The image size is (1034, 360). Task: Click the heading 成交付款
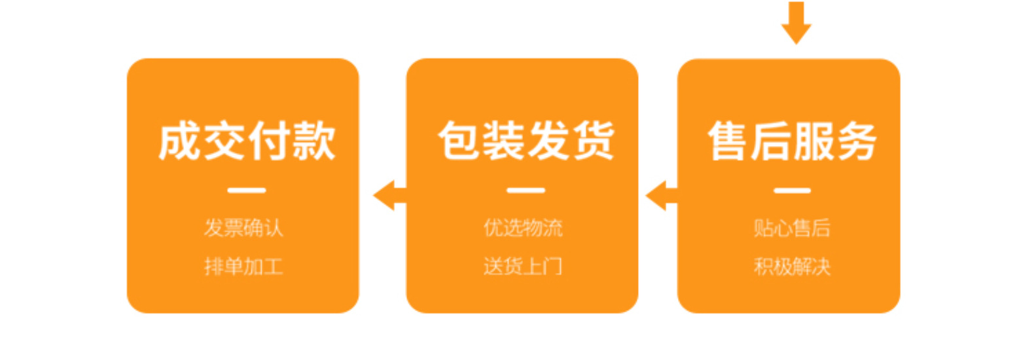(247, 141)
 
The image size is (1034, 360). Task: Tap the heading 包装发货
(526, 141)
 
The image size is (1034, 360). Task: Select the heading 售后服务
(792, 141)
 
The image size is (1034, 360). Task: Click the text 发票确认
(243, 228)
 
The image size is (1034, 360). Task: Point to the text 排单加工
(243, 266)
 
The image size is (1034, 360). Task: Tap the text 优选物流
(523, 228)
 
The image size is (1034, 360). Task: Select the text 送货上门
(523, 266)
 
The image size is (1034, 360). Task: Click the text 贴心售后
(792, 228)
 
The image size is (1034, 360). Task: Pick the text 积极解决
(792, 266)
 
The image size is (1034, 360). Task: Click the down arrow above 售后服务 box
(796, 23)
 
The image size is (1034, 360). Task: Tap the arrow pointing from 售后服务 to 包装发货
(661, 195)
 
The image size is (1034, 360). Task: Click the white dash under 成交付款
(247, 190)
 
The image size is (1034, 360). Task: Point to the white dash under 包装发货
(526, 190)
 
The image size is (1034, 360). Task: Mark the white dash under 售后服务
(793, 190)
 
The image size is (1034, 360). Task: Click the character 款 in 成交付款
(314, 141)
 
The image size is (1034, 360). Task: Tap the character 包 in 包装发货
(459, 141)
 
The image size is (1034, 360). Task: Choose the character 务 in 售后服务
(855, 141)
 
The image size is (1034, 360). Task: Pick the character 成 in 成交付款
(179, 141)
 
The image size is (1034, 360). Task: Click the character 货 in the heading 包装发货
(593, 141)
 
